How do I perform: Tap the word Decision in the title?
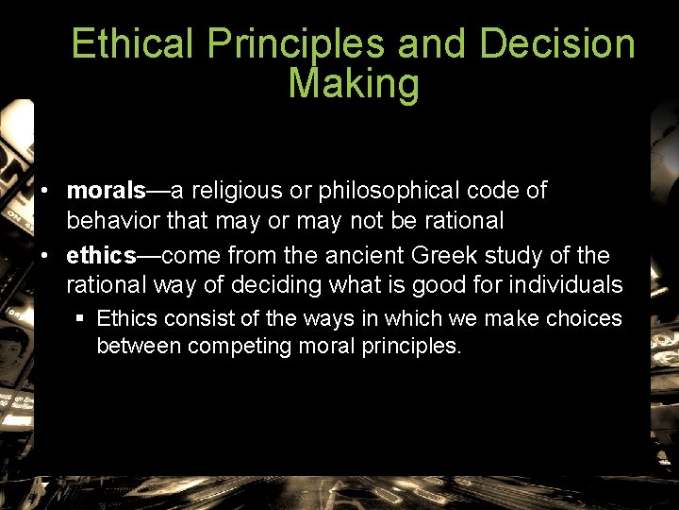556,43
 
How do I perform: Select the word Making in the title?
354,83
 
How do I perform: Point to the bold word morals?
106,191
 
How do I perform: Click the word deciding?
286,285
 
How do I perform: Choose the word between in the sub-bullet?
139,346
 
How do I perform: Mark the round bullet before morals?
44,192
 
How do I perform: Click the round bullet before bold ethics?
44,256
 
